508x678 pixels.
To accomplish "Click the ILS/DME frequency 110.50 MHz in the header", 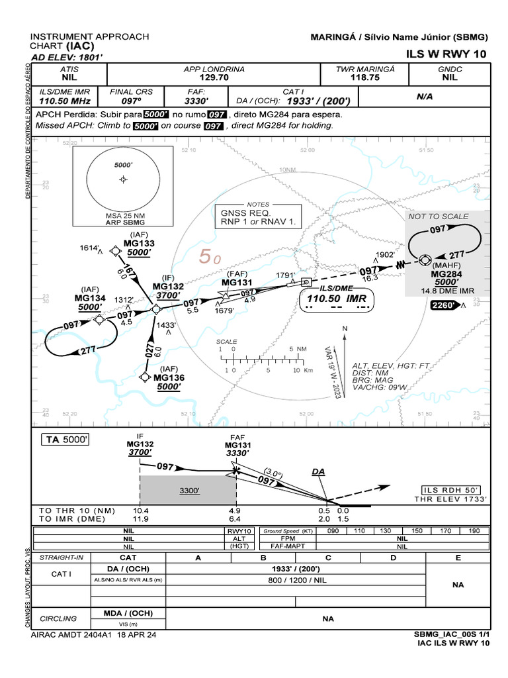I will coord(63,101).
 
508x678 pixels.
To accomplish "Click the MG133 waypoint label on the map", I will coord(139,244).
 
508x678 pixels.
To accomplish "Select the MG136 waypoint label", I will coord(169,377).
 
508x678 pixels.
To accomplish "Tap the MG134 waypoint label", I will coord(90,299).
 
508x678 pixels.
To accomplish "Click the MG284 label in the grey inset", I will coord(447,273).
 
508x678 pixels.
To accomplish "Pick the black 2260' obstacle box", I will coord(443,305).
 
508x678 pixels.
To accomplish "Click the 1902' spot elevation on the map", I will coord(385,254).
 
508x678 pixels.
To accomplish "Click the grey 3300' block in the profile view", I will coord(188,491).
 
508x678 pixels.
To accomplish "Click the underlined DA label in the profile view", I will coord(319,471).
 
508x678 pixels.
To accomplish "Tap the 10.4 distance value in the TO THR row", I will coord(141,510).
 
